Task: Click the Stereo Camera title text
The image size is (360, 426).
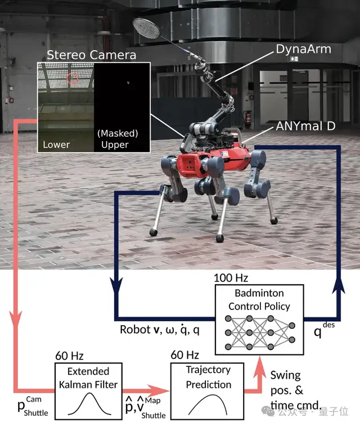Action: [x=91, y=55]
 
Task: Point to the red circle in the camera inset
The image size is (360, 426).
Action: [x=72, y=79]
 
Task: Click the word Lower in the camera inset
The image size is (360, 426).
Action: [x=56, y=145]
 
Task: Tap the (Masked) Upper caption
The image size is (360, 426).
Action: [x=118, y=139]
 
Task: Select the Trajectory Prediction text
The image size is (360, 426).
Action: [x=208, y=378]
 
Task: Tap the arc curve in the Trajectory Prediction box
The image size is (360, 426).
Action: [x=208, y=402]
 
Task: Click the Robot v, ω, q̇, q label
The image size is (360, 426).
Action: [x=159, y=330]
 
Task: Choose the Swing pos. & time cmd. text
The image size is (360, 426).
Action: [x=295, y=389]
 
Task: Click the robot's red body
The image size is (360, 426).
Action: [x=192, y=163]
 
